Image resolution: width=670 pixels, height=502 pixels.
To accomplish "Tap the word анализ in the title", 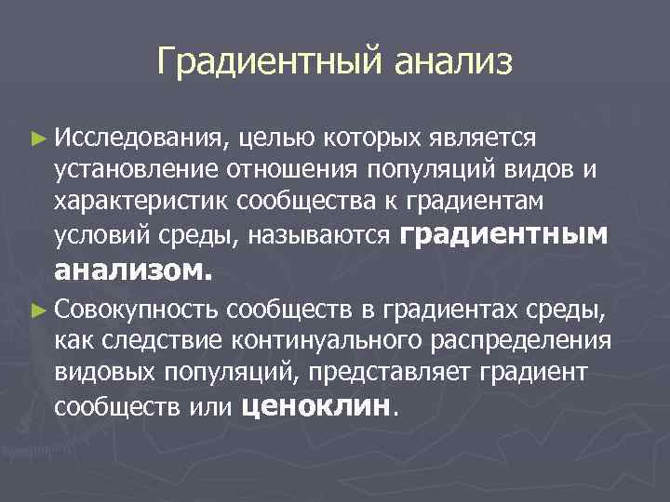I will (x=453, y=63).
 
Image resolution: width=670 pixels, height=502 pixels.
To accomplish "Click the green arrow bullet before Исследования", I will (x=36, y=139).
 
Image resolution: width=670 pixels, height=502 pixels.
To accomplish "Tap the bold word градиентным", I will (x=503, y=235).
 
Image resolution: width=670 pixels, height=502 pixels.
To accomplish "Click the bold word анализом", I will (x=134, y=271).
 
